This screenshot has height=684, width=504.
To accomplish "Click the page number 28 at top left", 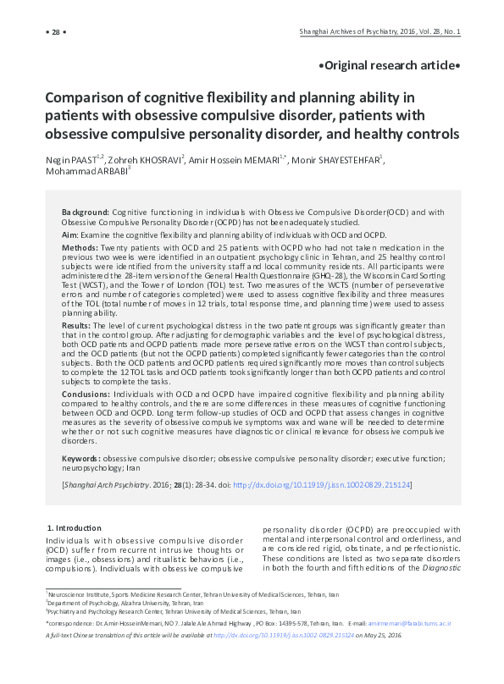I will click(x=55, y=33).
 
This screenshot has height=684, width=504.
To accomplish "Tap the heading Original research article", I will click(x=390, y=65).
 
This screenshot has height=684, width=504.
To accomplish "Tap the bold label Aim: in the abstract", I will click(x=70, y=234).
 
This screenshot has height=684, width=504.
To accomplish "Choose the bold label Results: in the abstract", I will click(x=77, y=324).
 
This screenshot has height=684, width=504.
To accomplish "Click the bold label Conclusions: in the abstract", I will click(x=87, y=392).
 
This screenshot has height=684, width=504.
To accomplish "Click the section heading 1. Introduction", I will click(x=74, y=527).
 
